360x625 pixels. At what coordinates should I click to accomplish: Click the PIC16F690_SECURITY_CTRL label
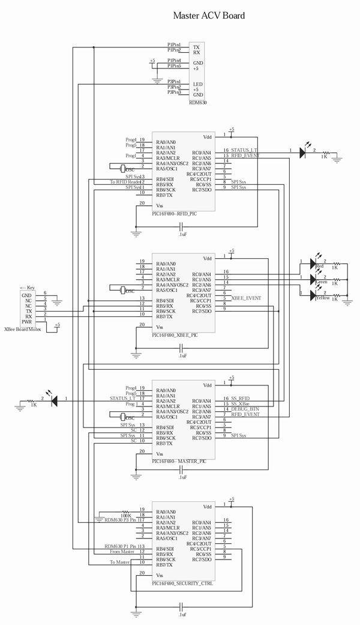pos(182,583)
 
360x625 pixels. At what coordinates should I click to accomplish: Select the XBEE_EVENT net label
pos(245,298)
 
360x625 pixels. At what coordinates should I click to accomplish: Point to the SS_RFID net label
pos(240,399)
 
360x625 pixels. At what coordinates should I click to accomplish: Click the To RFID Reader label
pos(125,182)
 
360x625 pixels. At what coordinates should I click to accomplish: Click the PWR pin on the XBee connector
pos(26,322)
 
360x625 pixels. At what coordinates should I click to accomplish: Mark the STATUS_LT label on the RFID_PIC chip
pos(245,150)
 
